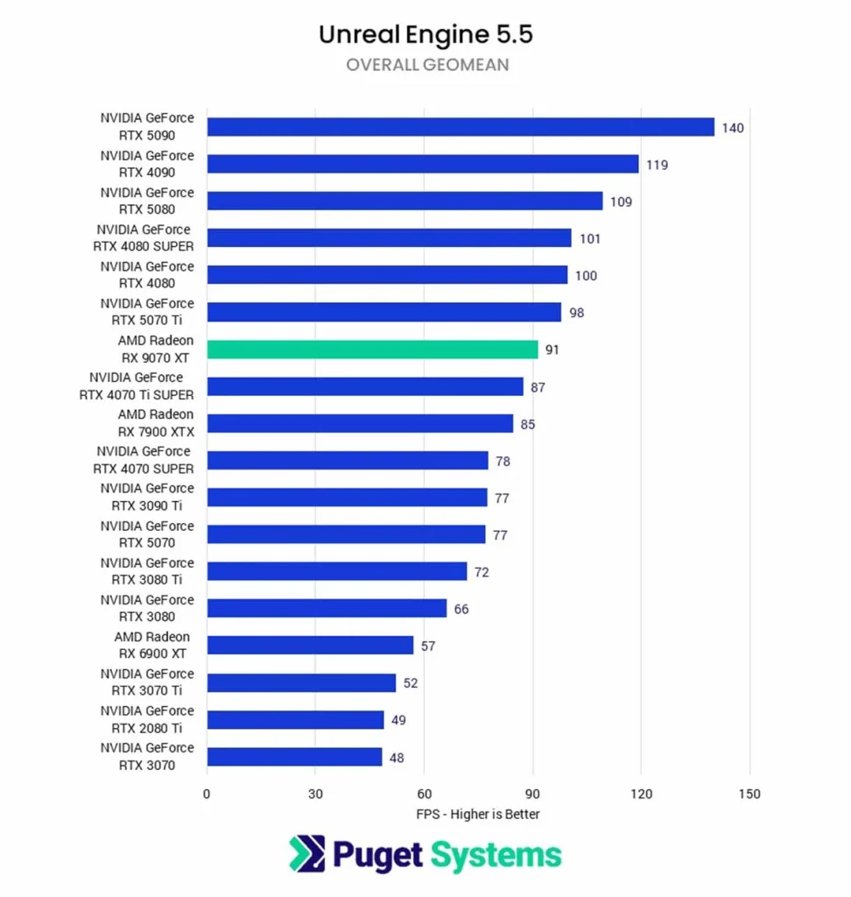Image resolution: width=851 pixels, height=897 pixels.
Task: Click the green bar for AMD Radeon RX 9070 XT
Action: (x=372, y=350)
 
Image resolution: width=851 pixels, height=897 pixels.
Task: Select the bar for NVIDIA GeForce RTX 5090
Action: (x=461, y=127)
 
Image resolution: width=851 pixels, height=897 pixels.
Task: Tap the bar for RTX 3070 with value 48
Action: (x=294, y=757)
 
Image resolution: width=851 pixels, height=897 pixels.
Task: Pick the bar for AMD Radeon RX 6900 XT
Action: (x=310, y=646)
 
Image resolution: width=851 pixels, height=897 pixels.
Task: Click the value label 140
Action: (x=733, y=128)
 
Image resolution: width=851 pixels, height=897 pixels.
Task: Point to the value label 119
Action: (x=657, y=165)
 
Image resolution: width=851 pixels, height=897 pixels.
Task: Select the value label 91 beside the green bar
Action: (x=552, y=350)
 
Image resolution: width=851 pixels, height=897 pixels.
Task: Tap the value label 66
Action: (x=461, y=609)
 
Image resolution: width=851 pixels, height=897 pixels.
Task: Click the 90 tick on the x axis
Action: (x=532, y=794)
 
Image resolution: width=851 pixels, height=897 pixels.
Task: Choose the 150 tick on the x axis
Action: (x=749, y=794)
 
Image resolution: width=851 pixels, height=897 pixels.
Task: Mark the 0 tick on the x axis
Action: (x=207, y=794)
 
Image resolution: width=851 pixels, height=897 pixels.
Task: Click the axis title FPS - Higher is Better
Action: (x=478, y=814)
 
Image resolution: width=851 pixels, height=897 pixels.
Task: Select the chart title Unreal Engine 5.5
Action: (x=425, y=34)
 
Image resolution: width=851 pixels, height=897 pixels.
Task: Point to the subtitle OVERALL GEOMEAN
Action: (x=426, y=65)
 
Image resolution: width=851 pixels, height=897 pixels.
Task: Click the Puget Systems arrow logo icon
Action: (x=306, y=854)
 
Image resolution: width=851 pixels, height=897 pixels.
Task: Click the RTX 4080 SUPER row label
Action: (x=144, y=238)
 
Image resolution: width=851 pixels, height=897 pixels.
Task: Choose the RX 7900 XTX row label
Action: (x=156, y=423)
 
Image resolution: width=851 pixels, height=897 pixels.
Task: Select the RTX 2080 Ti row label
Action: (x=147, y=719)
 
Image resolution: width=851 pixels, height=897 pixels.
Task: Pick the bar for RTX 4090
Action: (x=423, y=164)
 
